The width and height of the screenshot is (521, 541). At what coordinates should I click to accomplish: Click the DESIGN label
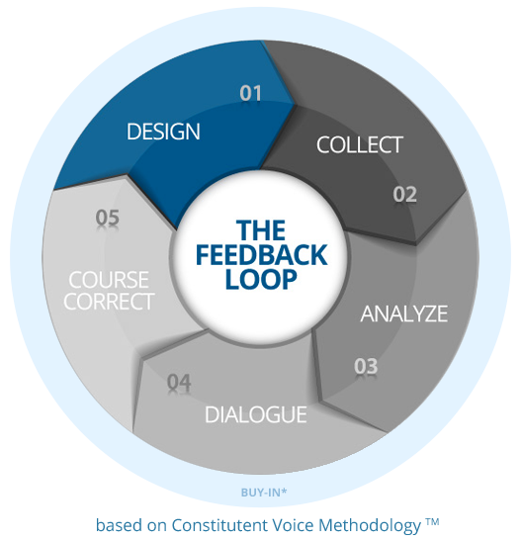[163, 132]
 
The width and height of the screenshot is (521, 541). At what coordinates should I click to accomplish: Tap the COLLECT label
[359, 144]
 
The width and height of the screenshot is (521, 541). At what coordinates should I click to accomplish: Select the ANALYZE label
[404, 314]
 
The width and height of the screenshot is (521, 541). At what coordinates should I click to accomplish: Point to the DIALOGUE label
[255, 414]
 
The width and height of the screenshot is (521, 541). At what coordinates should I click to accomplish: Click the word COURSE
[109, 280]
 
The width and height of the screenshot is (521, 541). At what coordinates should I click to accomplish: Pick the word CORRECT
[109, 302]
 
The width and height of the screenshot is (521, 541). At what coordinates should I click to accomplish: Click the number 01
[251, 93]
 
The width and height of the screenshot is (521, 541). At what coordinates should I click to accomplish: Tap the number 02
[404, 194]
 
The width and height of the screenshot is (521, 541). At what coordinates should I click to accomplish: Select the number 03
[366, 366]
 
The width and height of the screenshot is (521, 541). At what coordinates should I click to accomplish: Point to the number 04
[179, 383]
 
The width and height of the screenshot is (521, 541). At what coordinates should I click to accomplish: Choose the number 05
[107, 218]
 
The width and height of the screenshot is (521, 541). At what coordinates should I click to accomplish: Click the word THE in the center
[261, 230]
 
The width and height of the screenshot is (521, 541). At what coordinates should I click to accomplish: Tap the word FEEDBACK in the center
[261, 255]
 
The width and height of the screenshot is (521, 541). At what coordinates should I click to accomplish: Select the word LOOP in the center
[261, 279]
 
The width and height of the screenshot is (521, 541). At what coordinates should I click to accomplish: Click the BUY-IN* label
[264, 493]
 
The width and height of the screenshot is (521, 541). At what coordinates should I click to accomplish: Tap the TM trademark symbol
[432, 521]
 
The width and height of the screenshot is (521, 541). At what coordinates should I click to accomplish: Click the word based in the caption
[119, 525]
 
